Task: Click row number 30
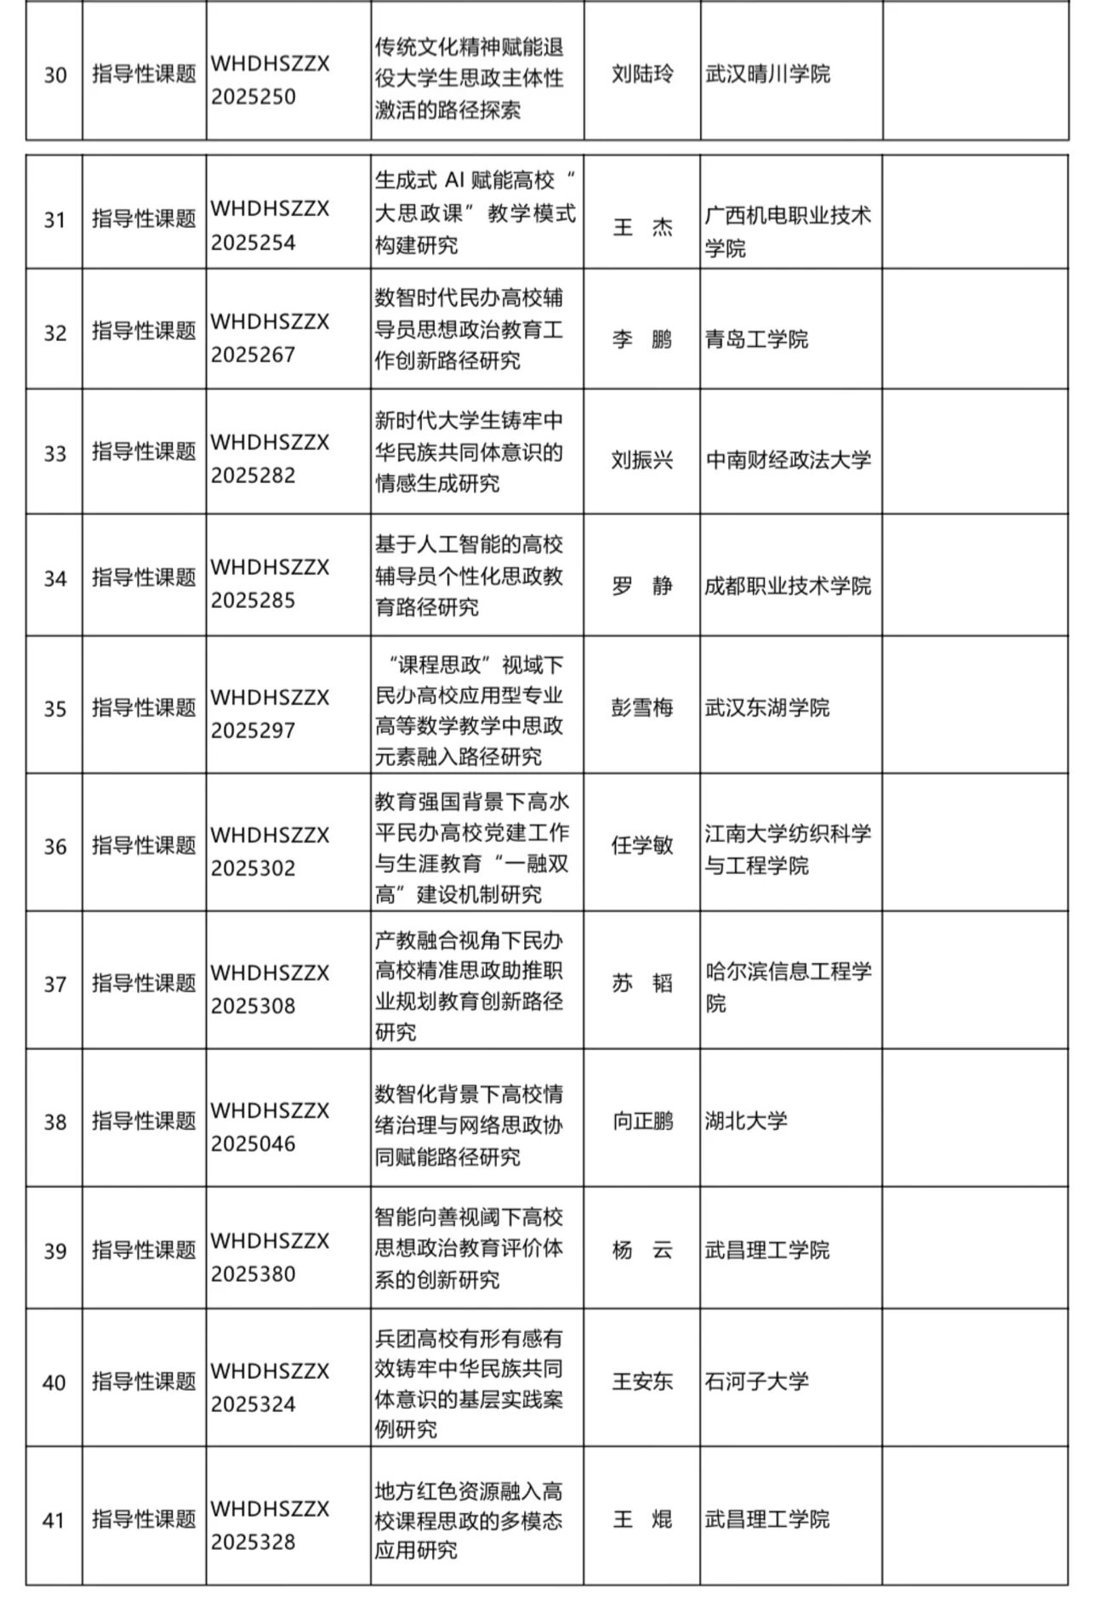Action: pyautogui.click(x=54, y=76)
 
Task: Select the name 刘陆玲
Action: pyautogui.click(x=642, y=74)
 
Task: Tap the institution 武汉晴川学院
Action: pyautogui.click(x=767, y=74)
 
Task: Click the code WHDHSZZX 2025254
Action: pyautogui.click(x=270, y=225)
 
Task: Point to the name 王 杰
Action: pyautogui.click(x=642, y=227)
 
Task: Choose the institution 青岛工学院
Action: pyautogui.click(x=756, y=339)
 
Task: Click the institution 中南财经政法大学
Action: pyautogui.click(x=789, y=460)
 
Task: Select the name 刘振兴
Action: pyautogui.click(x=642, y=460)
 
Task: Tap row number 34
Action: pyautogui.click(x=54, y=579)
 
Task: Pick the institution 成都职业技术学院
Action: pyautogui.click(x=788, y=586)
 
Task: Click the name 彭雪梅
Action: pyautogui.click(x=642, y=707)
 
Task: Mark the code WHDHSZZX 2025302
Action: pyautogui.click(x=270, y=851)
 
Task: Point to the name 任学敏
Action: pyautogui.click(x=642, y=844)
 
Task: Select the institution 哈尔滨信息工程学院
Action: pyautogui.click(x=788, y=987)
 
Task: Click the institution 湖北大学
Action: pyautogui.click(x=746, y=1121)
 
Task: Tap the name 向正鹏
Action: pyautogui.click(x=642, y=1121)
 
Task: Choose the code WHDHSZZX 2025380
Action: pyautogui.click(x=270, y=1257)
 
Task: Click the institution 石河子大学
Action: pyautogui.click(x=756, y=1381)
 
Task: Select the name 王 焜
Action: pyautogui.click(x=642, y=1518)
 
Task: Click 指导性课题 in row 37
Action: pyautogui.click(x=144, y=984)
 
